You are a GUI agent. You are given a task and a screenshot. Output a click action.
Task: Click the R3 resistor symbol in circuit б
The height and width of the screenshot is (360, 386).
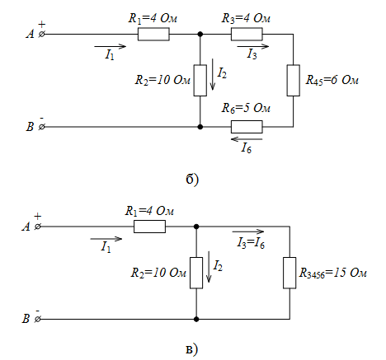pos(247,35)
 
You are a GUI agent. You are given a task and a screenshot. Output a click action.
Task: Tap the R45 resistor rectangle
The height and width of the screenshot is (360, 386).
pos(293,81)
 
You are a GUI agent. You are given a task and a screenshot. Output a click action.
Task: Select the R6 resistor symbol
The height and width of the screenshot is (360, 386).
pos(247,127)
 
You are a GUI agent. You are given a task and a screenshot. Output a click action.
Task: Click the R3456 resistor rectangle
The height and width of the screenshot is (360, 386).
pos(289,273)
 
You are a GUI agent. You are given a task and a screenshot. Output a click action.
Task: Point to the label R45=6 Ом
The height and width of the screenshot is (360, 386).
pos(332,80)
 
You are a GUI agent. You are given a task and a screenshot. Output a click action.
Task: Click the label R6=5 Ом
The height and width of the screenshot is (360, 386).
pos(246,108)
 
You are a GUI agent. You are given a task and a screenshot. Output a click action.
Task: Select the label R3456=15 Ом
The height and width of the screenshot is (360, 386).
pos(332,274)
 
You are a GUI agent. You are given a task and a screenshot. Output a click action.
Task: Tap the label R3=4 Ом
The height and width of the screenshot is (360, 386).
pos(246,18)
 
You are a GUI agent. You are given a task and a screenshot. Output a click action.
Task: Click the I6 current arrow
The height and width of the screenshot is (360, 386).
pos(247,139)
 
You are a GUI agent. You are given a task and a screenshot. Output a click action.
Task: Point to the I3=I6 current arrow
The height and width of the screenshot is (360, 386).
pos(248,231)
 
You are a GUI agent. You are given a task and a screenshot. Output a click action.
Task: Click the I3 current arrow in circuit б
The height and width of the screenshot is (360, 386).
pos(253,46)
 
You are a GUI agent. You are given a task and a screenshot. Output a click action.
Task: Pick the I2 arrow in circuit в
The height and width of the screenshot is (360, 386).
pos(209,267)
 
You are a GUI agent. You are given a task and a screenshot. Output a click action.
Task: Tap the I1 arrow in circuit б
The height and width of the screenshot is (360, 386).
pos(111,46)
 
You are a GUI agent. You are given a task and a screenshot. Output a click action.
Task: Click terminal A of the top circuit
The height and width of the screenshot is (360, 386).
pos(41,35)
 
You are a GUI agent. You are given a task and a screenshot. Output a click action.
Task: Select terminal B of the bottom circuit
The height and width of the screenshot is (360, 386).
pos(38,319)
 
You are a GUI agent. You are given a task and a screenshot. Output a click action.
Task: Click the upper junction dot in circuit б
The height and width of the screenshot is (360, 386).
pos(200,35)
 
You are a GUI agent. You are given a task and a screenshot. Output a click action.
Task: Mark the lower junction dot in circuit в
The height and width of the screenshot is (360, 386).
pos(196,319)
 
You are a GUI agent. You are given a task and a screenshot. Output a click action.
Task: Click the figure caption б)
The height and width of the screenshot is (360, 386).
pos(192,180)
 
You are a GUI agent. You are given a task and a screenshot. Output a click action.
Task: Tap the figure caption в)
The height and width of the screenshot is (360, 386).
pos(192,349)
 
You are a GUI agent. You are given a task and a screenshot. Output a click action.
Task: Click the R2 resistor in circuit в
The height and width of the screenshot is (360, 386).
pos(196,273)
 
